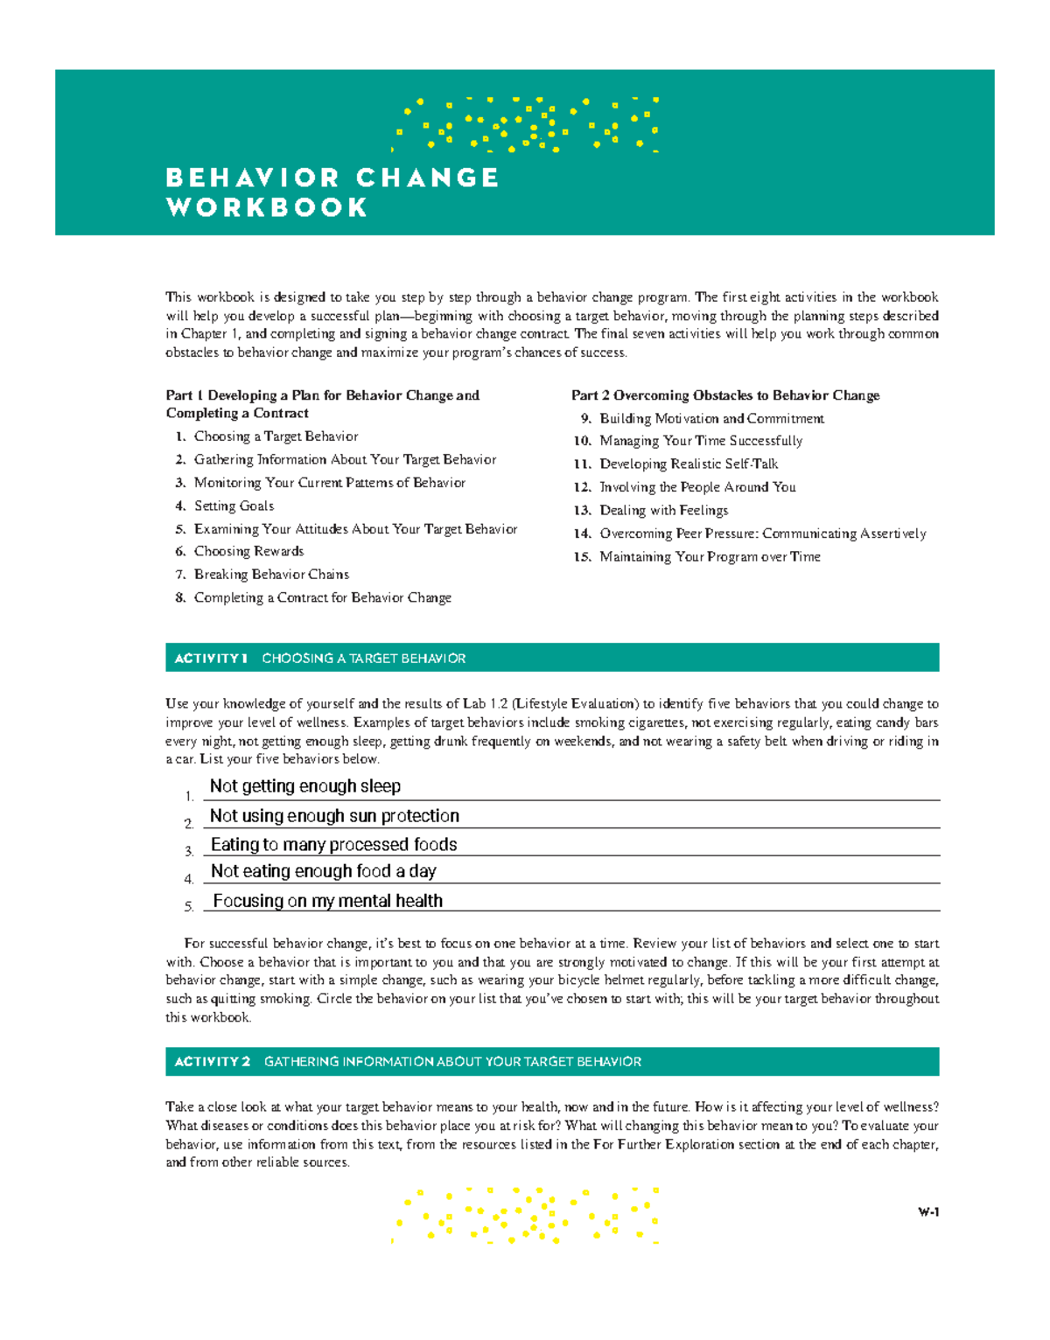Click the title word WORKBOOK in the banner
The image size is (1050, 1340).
tap(267, 208)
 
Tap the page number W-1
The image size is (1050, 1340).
tap(928, 1212)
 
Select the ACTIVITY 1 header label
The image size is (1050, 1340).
tap(211, 659)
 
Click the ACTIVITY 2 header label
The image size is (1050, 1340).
tap(212, 1062)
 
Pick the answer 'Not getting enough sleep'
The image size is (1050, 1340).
tap(305, 786)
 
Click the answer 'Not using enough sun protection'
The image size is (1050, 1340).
tap(334, 816)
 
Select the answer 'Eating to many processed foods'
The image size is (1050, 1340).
tap(333, 845)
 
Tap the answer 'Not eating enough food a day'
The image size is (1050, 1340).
tap(323, 871)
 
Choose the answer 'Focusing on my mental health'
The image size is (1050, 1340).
tap(327, 901)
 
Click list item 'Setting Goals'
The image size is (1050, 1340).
tap(234, 506)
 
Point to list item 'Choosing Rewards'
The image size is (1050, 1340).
tap(248, 552)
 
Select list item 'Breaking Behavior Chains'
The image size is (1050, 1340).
tap(271, 575)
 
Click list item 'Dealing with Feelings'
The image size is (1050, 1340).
tap(663, 511)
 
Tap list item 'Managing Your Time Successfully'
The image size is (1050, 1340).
tap(700, 441)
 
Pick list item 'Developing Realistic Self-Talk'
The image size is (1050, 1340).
tap(689, 464)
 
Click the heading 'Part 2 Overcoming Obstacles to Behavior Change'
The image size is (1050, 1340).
tap(725, 395)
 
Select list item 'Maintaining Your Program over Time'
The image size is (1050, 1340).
tap(710, 557)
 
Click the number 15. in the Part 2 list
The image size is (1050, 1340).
tap(583, 557)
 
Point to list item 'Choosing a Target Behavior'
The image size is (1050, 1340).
tap(276, 436)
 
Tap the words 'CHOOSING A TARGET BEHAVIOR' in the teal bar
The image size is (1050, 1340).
tap(363, 659)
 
